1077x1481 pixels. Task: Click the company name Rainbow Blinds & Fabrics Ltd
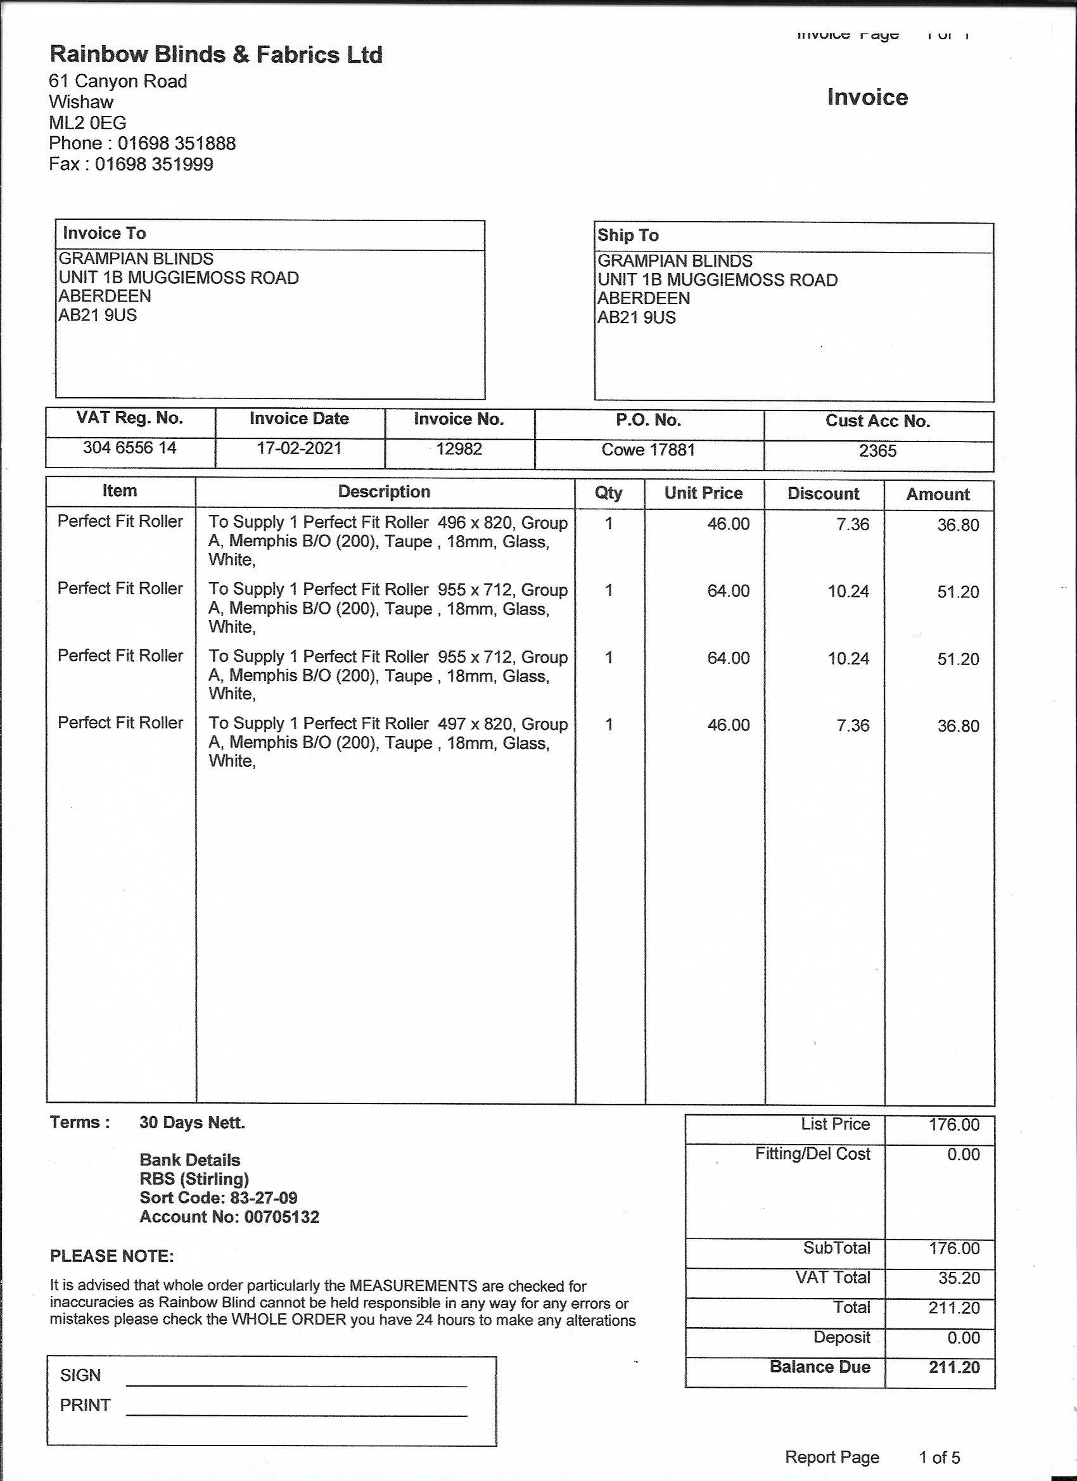click(215, 54)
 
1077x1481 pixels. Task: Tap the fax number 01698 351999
click(154, 164)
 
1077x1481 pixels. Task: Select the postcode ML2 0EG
click(87, 123)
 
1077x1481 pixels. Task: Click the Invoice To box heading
click(104, 233)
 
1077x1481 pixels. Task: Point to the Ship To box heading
click(628, 235)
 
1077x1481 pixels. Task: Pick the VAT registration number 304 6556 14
click(129, 448)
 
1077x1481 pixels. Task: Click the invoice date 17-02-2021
click(299, 448)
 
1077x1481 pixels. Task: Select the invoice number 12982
click(459, 449)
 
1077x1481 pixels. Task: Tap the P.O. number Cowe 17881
click(648, 450)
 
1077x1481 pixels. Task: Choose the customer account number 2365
click(877, 451)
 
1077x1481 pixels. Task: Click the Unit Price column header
click(703, 493)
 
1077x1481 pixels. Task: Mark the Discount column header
click(823, 493)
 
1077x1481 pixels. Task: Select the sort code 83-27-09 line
click(218, 1198)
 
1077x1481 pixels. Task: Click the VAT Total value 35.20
click(959, 1278)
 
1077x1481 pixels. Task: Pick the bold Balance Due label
click(820, 1367)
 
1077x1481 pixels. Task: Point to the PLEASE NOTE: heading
click(112, 1256)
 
